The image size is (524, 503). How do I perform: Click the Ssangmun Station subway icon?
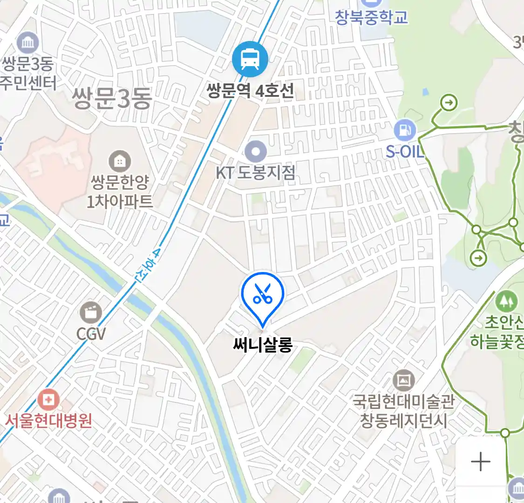[250, 60]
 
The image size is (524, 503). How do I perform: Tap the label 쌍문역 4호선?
[250, 90]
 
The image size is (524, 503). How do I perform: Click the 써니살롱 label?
[263, 345]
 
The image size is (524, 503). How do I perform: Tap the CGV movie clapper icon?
[91, 312]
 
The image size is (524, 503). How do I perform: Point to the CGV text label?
[91, 333]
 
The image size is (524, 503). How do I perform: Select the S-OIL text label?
[405, 151]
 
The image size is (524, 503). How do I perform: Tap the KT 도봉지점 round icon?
[256, 152]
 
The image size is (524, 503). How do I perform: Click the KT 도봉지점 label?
[255, 173]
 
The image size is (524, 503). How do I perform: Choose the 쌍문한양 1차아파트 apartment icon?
[120, 162]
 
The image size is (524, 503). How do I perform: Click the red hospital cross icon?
[48, 400]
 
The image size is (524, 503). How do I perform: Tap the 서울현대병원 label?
[48, 421]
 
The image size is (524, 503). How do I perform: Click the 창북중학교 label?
[371, 17]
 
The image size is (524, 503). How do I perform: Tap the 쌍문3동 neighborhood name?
[112, 99]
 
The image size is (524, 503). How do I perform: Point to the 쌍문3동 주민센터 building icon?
[27, 43]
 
